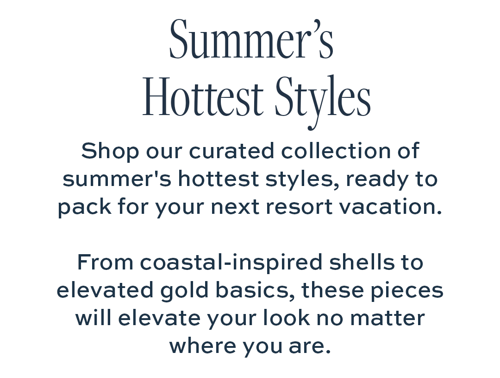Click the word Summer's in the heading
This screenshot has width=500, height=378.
(x=251, y=39)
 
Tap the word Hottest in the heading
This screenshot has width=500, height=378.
(x=203, y=96)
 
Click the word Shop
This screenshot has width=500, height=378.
(x=110, y=152)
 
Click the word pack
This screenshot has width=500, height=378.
(x=85, y=207)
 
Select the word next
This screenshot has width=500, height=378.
(x=235, y=207)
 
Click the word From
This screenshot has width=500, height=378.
(x=105, y=263)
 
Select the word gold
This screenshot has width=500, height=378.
(x=184, y=291)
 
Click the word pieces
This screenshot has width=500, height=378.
(x=407, y=291)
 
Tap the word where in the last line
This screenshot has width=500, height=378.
(x=202, y=346)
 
